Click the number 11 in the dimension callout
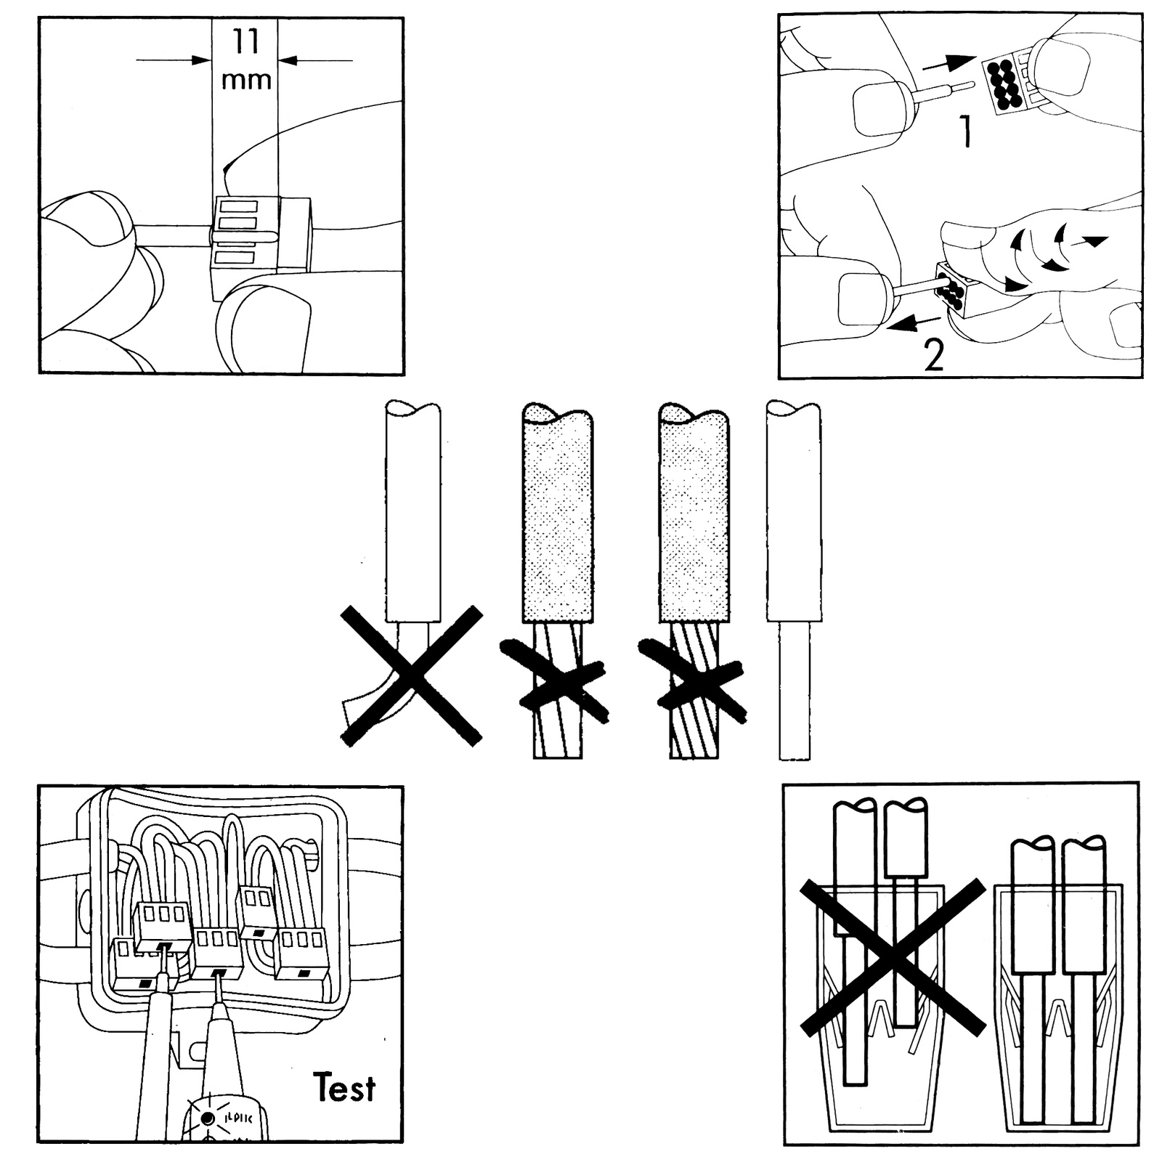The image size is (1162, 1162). pyautogui.click(x=245, y=42)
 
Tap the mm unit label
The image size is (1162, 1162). pyautogui.click(x=246, y=80)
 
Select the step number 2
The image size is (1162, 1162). pyautogui.click(x=933, y=356)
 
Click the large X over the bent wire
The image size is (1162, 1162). pyautogui.click(x=412, y=675)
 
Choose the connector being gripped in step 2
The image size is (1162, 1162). pyautogui.click(x=957, y=291)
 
